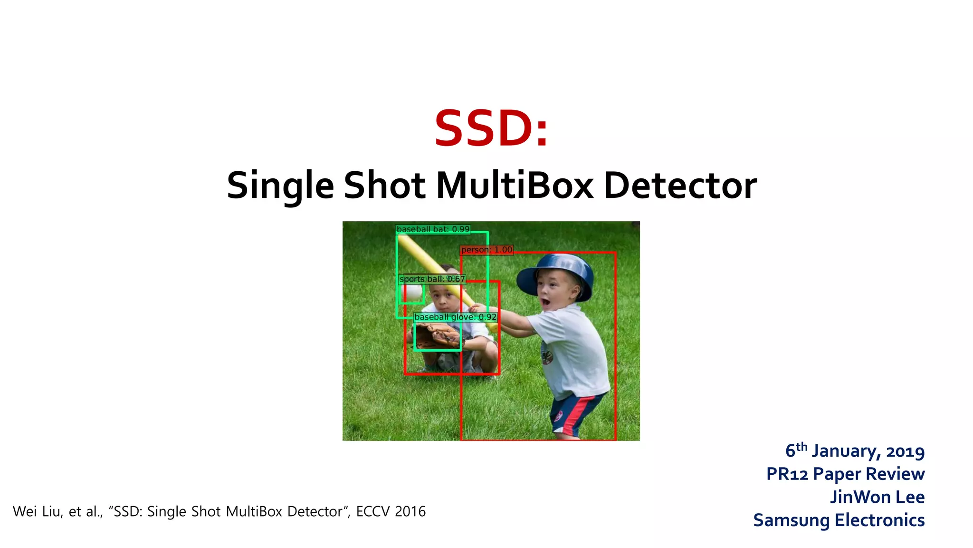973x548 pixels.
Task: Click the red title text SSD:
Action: tap(491, 128)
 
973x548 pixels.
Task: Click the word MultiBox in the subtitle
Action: tap(515, 186)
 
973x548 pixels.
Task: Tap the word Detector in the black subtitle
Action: tap(680, 186)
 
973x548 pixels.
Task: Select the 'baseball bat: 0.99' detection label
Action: tap(433, 229)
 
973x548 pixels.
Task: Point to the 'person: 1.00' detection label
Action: tap(486, 250)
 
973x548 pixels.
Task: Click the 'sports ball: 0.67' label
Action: tap(432, 279)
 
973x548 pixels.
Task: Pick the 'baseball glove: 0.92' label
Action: tap(455, 317)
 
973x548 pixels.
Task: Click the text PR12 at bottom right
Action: tap(787, 474)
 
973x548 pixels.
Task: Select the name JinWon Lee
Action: tap(877, 497)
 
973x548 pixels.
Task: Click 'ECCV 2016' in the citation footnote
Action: tap(391, 511)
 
